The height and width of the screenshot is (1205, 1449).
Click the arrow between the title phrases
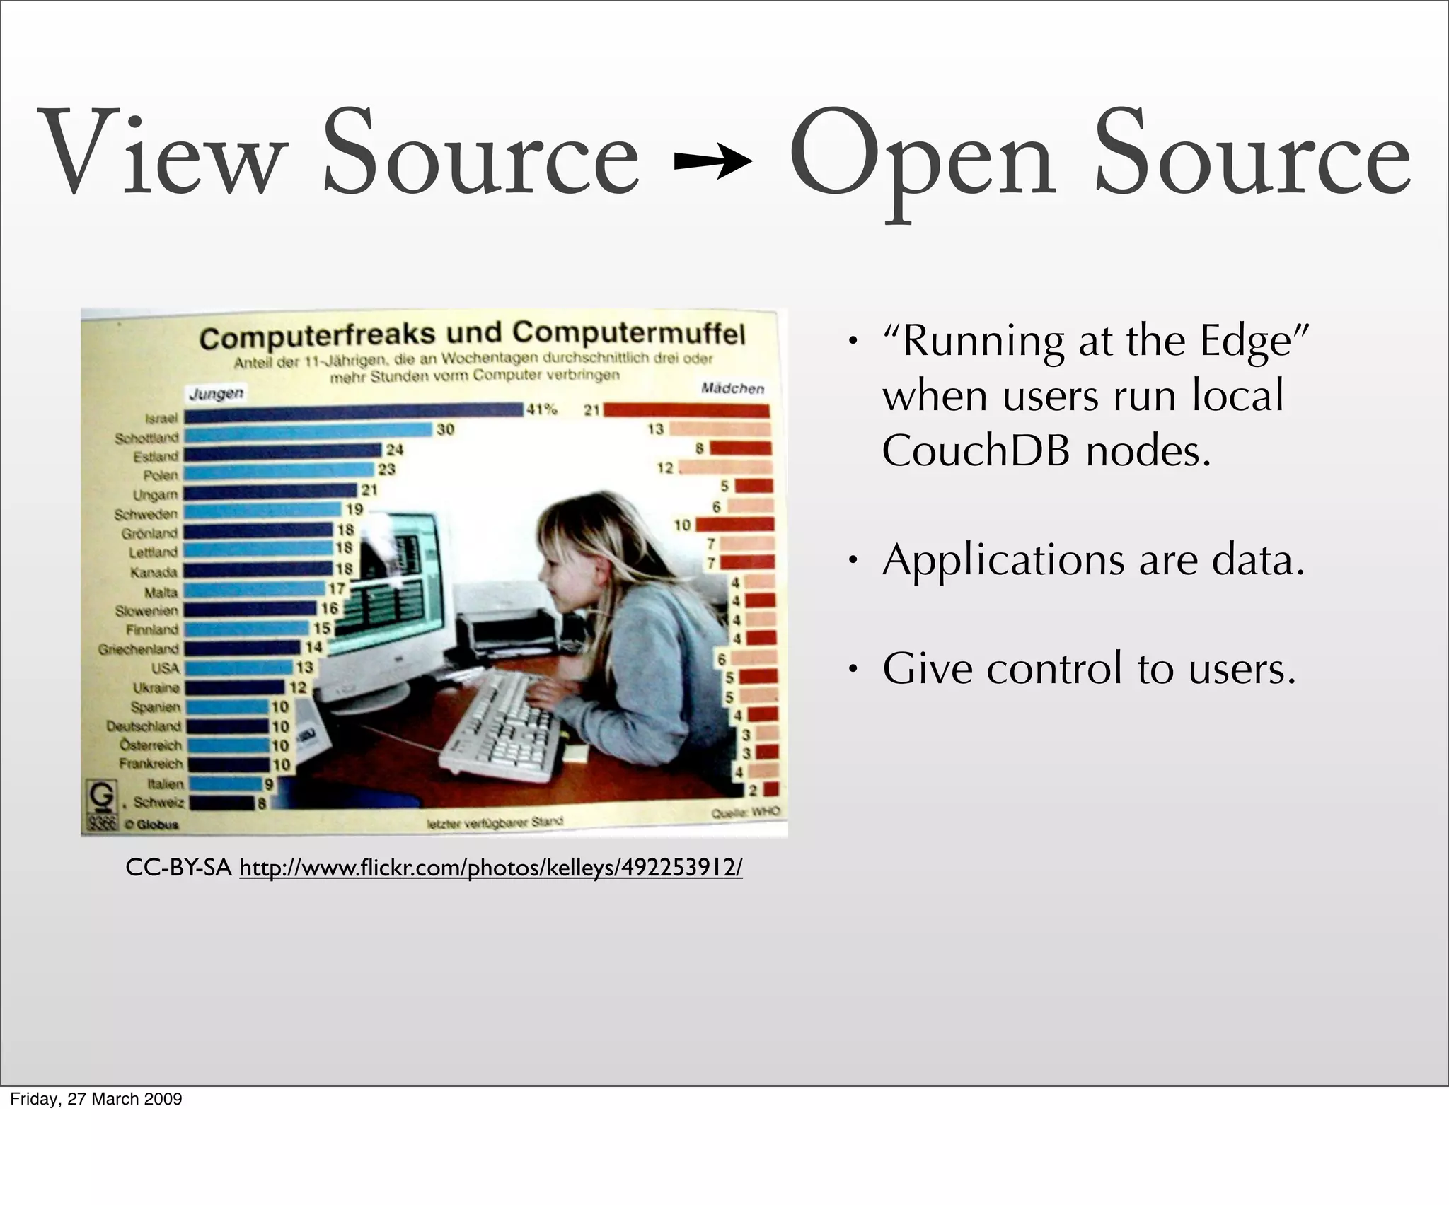click(x=713, y=163)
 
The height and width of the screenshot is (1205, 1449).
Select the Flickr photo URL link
click(x=491, y=868)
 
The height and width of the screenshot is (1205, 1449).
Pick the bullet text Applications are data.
click(x=1093, y=560)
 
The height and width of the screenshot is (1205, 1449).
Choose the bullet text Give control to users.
click(x=1089, y=668)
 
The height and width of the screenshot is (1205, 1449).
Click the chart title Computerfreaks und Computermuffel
click(x=472, y=334)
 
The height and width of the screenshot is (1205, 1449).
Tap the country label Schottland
click(x=146, y=438)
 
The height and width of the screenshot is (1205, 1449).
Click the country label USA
click(x=165, y=668)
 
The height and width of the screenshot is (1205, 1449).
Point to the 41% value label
click(x=541, y=409)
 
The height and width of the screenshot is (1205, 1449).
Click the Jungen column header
click(x=216, y=393)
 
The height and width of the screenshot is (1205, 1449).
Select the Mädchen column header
click(x=732, y=388)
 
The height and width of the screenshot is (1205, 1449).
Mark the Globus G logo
click(x=100, y=797)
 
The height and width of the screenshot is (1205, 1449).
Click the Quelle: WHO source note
click(x=745, y=813)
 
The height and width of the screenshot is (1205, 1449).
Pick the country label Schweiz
click(x=158, y=803)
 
